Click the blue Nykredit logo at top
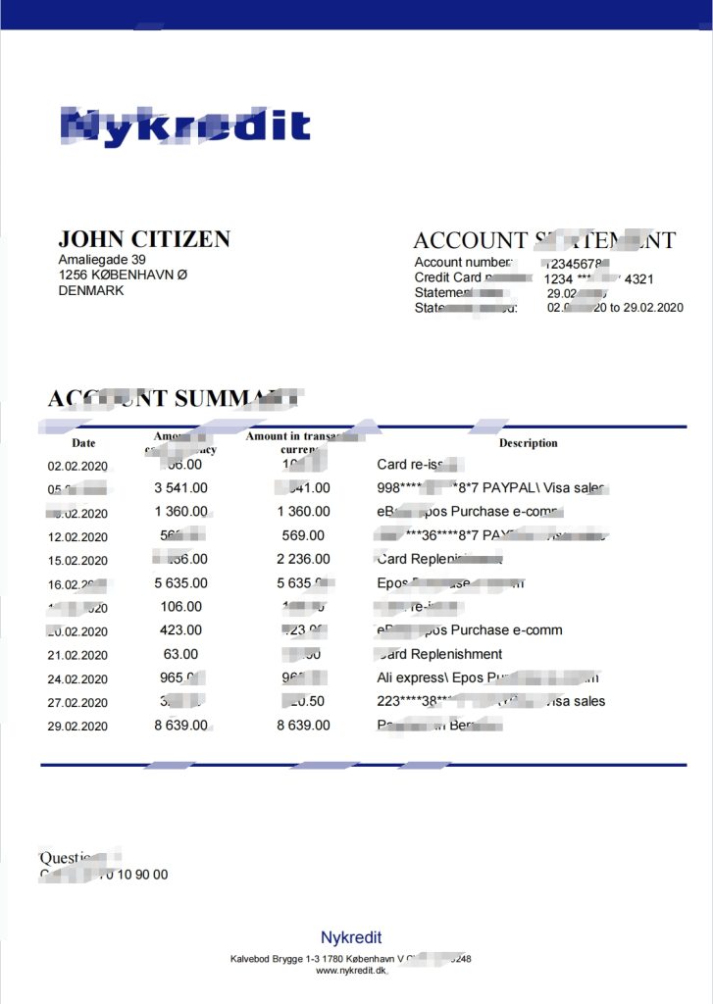(184, 126)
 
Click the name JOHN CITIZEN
(144, 238)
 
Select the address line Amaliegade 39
(102, 260)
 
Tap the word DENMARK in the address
(91, 290)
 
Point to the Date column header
(83, 443)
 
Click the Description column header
(528, 443)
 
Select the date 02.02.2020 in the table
(77, 466)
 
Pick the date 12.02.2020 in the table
(77, 536)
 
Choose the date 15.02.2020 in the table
(77, 560)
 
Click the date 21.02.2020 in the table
(77, 655)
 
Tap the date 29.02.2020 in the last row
(77, 727)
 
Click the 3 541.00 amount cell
(180, 487)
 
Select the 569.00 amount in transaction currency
(302, 535)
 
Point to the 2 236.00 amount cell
(303, 559)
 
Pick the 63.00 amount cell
(180, 654)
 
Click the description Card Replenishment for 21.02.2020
(439, 654)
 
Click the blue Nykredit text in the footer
(351, 937)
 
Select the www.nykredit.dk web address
(350, 970)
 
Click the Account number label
(463, 263)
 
